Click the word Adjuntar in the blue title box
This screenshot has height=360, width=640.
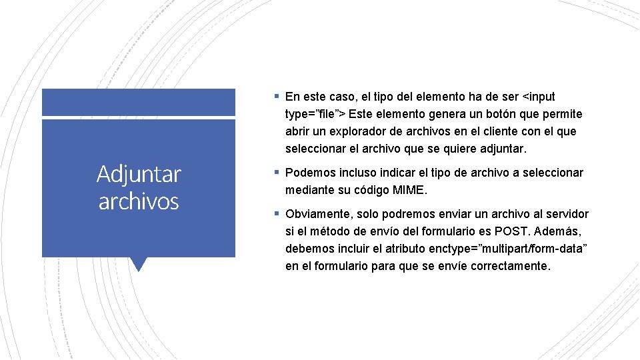(x=139, y=175)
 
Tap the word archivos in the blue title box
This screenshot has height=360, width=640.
(x=139, y=201)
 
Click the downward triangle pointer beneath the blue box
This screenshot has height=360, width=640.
(x=139, y=264)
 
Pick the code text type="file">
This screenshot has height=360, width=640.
(x=315, y=114)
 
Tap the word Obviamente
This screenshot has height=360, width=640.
(x=315, y=214)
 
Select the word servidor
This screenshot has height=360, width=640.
(x=566, y=214)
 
